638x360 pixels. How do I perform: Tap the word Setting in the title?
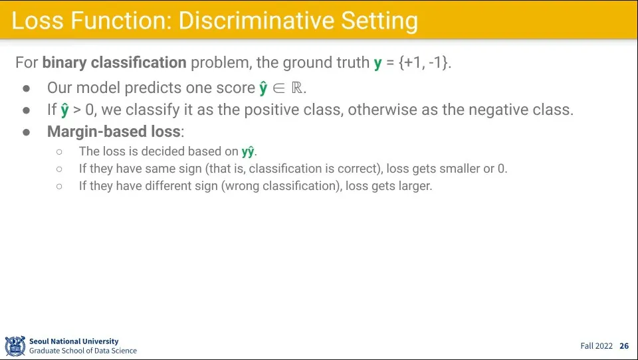(x=379, y=21)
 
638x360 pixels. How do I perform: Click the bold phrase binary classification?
(x=114, y=62)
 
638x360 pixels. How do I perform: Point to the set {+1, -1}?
(x=425, y=62)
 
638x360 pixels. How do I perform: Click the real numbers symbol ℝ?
(x=297, y=88)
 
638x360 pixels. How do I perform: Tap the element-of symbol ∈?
(x=279, y=88)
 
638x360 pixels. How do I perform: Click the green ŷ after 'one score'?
(x=263, y=88)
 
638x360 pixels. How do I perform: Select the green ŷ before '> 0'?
(x=64, y=110)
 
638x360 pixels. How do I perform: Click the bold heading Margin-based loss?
(x=114, y=132)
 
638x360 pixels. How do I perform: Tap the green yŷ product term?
(x=248, y=151)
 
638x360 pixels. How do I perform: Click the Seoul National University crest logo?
(x=15, y=346)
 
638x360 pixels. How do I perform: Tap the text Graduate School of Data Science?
(x=83, y=351)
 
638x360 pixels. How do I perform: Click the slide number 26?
(x=624, y=346)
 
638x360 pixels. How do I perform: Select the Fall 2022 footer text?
(x=597, y=346)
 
